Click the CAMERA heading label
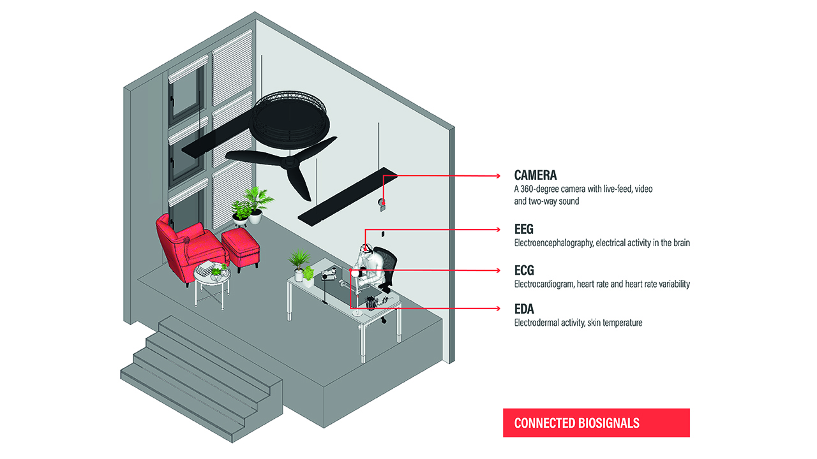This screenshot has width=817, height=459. pos(536,175)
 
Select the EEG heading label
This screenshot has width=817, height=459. pos(523,228)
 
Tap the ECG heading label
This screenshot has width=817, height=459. pos(523,270)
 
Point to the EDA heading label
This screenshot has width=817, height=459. pos(524,309)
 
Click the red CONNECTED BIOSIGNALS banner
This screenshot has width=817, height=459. pos(596,423)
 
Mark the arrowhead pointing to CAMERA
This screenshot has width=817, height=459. pos(498,175)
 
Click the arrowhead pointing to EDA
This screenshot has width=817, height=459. pos(498,309)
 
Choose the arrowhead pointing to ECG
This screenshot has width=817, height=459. pos(498,270)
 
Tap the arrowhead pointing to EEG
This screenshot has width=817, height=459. pos(498,229)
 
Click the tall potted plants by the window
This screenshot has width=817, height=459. pos(252,204)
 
